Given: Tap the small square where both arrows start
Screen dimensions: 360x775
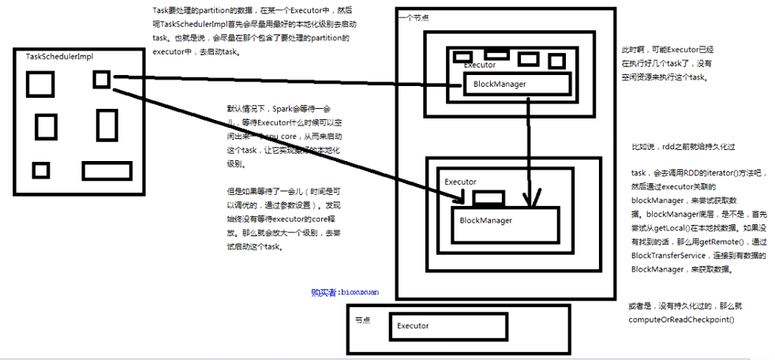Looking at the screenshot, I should tap(101, 78).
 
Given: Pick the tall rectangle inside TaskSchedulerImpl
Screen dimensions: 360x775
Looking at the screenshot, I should tap(107, 125).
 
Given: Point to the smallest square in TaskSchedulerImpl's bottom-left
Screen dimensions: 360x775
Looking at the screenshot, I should tap(40, 170).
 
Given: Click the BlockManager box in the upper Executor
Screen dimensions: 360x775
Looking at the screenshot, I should tap(516, 84).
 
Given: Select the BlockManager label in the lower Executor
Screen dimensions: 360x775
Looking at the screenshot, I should tap(485, 219).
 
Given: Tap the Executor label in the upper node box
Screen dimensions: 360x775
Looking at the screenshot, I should tap(480, 65).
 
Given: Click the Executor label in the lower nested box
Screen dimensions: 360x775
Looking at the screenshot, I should tap(460, 182).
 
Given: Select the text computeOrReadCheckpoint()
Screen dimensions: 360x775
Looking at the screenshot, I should tap(681, 319).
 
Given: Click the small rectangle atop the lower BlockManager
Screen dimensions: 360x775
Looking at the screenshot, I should tap(488, 197).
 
